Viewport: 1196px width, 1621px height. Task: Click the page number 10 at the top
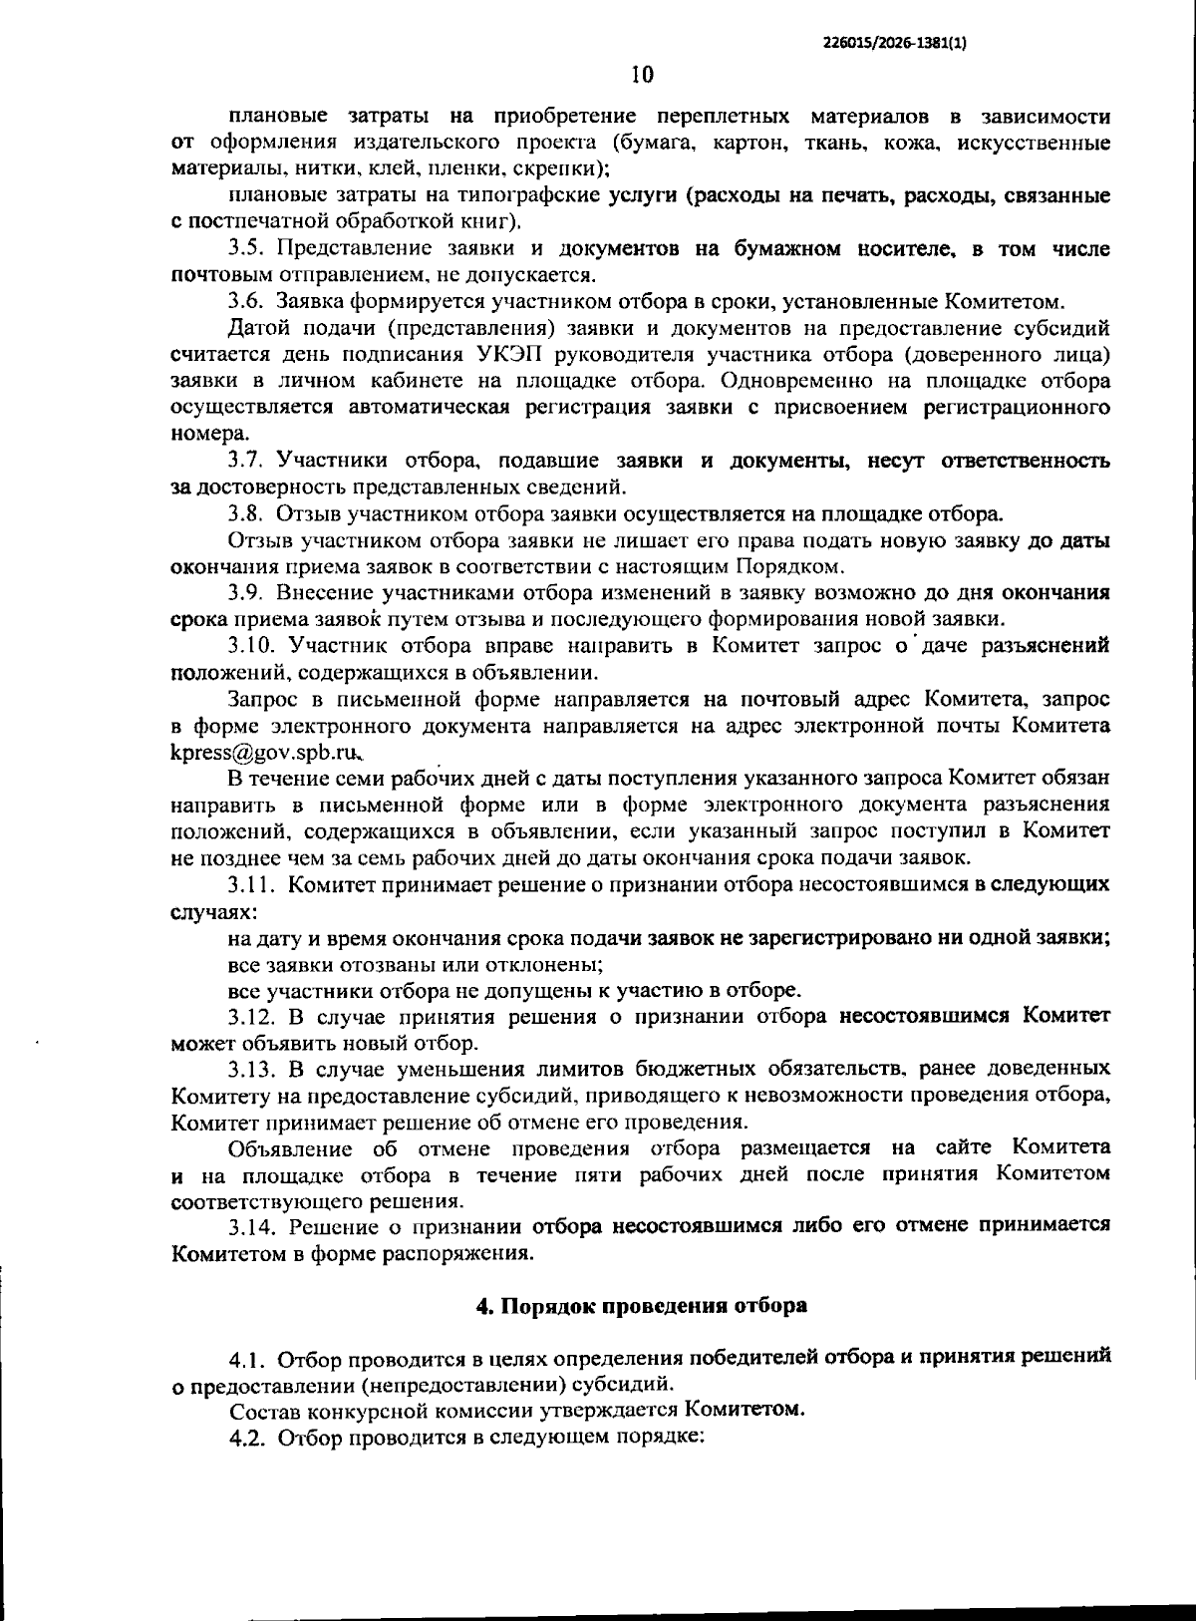(x=642, y=75)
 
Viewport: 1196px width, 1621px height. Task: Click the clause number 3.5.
(x=246, y=248)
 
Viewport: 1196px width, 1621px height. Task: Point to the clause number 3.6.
(x=246, y=301)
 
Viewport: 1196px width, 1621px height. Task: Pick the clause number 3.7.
(x=246, y=461)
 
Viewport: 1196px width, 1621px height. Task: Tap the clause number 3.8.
(x=246, y=514)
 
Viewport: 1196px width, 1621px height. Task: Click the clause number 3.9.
(x=246, y=593)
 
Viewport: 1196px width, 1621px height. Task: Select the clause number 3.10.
(x=251, y=646)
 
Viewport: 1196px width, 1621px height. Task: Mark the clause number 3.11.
(x=251, y=884)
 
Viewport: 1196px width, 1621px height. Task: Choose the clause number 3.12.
(x=251, y=1017)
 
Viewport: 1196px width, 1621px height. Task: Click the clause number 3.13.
(x=251, y=1070)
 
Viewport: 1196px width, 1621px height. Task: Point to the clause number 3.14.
(x=251, y=1225)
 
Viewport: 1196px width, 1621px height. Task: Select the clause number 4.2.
(x=247, y=1439)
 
